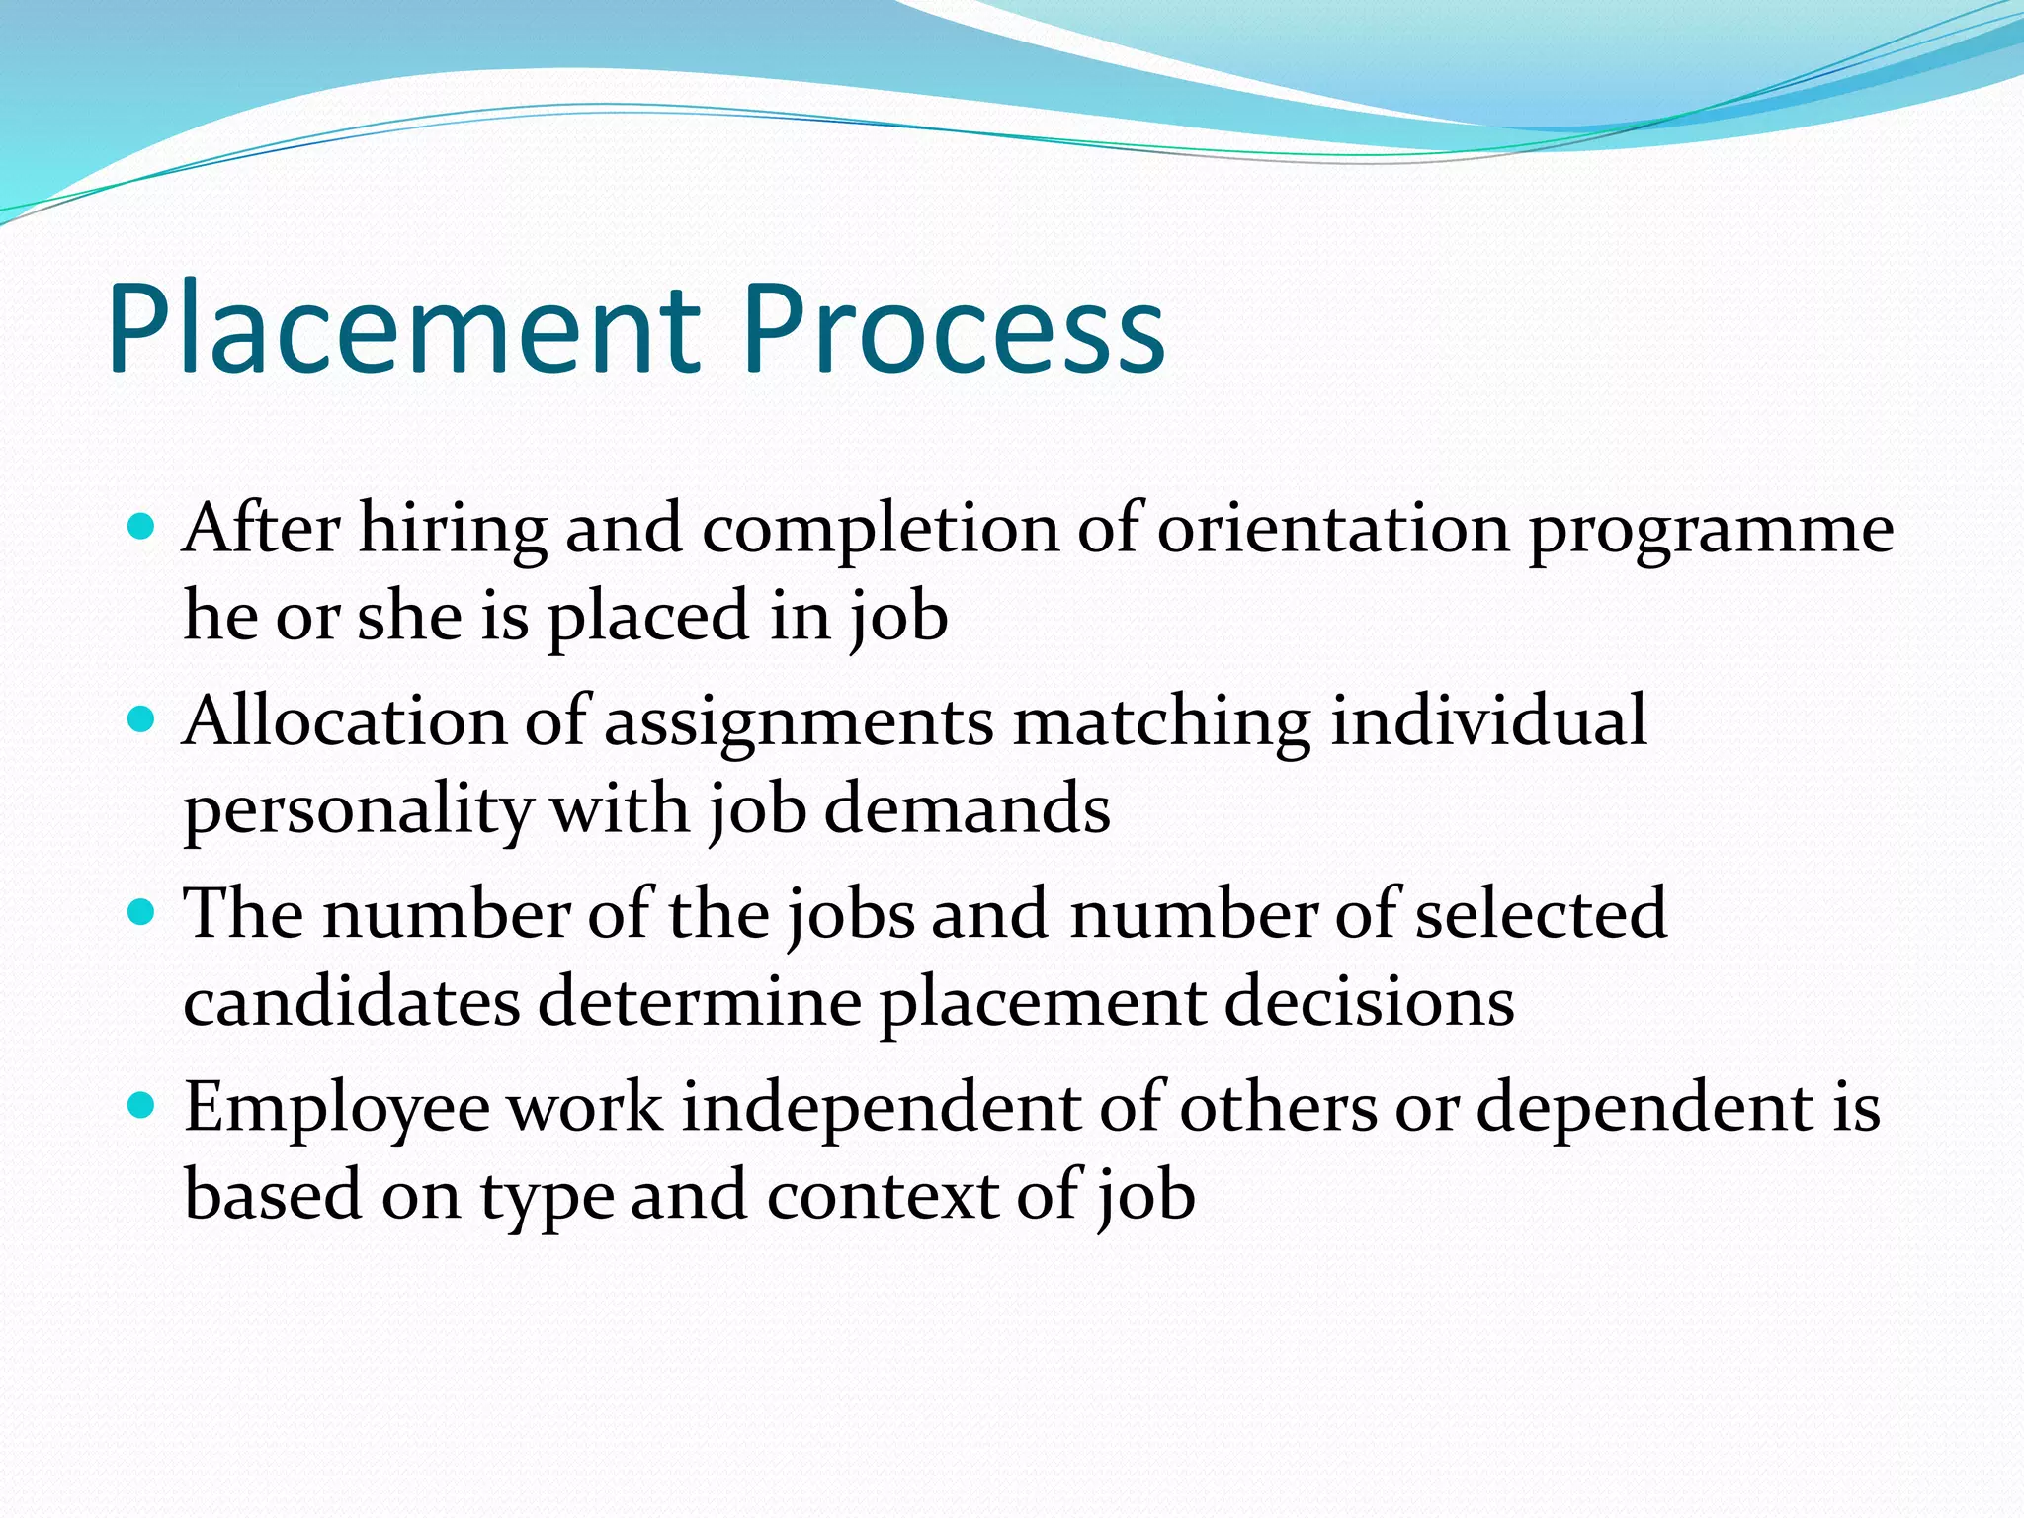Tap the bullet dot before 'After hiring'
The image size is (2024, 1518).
point(142,526)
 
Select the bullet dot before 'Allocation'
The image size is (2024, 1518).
point(142,718)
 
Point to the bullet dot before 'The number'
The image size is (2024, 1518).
point(142,911)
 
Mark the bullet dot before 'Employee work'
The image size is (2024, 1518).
point(142,1104)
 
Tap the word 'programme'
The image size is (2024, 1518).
point(1711,534)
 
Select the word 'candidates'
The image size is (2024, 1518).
point(351,1002)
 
